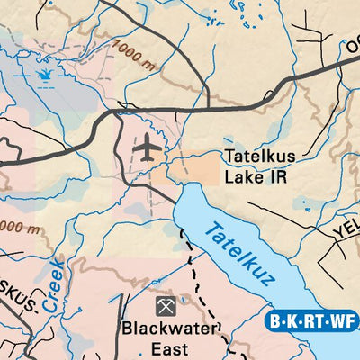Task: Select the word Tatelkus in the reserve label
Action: coord(260,157)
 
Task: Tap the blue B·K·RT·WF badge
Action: coord(311,319)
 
